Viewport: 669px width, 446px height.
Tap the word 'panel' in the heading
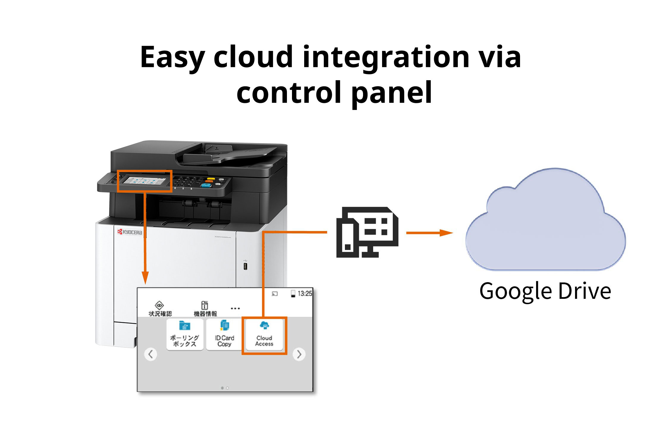pyautogui.click(x=392, y=93)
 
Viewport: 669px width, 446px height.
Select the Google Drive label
pyautogui.click(x=545, y=291)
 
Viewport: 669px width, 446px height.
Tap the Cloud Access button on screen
pyautogui.click(x=264, y=335)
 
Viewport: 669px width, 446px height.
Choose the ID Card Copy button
pyautogui.click(x=224, y=335)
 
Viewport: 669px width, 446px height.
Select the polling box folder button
pyautogui.click(x=185, y=335)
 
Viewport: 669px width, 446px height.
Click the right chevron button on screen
pyautogui.click(x=299, y=354)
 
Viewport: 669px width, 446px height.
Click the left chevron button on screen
pyautogui.click(x=151, y=354)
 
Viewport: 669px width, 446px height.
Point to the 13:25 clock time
pyautogui.click(x=304, y=294)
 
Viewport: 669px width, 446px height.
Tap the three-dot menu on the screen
pyautogui.click(x=235, y=308)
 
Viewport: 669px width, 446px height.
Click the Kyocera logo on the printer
pyautogui.click(x=130, y=232)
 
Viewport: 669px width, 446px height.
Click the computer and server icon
pyautogui.click(x=367, y=233)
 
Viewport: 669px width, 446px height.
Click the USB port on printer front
pyautogui.click(x=245, y=266)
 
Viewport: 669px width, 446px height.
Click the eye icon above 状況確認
pyautogui.click(x=160, y=305)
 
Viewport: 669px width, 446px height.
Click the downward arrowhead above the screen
pyautogui.click(x=145, y=278)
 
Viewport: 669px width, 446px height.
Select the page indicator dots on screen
pyautogui.click(x=225, y=388)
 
